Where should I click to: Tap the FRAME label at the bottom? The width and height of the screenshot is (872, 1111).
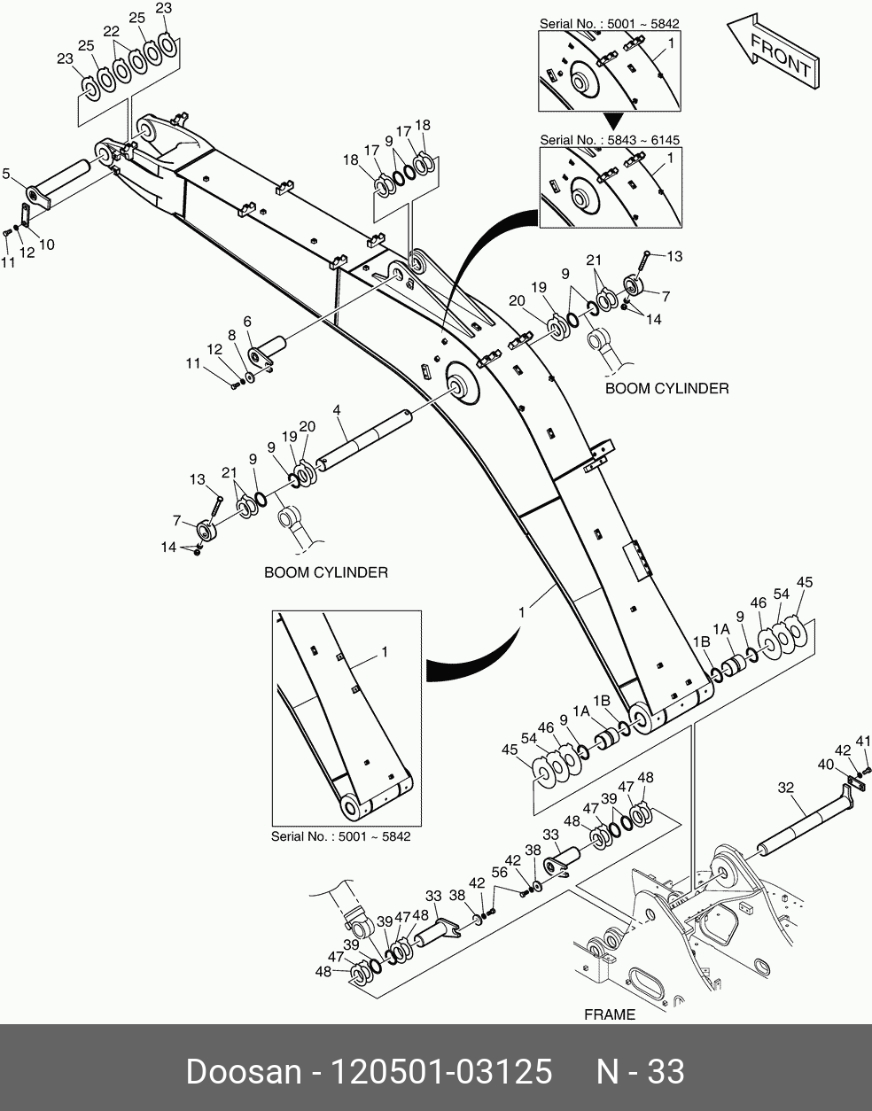click(610, 1014)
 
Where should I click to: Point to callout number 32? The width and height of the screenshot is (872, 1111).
click(785, 787)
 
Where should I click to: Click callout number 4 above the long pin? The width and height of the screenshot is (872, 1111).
click(338, 410)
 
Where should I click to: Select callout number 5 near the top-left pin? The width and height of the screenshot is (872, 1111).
click(5, 175)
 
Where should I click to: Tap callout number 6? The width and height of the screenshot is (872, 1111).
click(247, 322)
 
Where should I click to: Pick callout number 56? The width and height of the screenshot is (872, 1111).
click(500, 872)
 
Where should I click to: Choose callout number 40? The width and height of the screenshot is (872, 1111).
click(825, 763)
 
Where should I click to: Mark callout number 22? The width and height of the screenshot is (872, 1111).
click(111, 31)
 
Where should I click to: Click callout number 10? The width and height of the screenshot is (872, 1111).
click(46, 245)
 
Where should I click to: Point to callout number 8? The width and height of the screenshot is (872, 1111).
click(231, 336)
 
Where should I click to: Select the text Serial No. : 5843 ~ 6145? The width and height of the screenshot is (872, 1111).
click(610, 140)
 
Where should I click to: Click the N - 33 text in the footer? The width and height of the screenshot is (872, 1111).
click(640, 1071)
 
